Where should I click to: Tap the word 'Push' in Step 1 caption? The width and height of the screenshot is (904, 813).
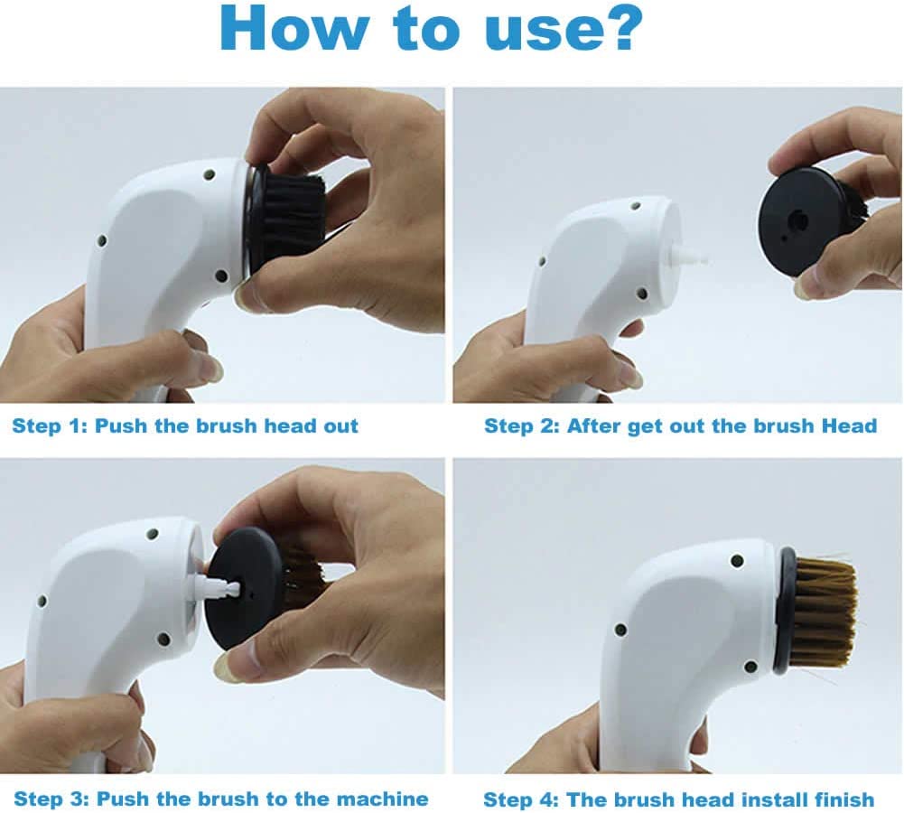tap(120, 425)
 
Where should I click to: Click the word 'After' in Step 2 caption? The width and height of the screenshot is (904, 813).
tap(593, 425)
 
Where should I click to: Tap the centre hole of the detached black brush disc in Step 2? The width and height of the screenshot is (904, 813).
tap(798, 220)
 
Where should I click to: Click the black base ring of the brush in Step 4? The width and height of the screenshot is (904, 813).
tap(785, 612)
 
